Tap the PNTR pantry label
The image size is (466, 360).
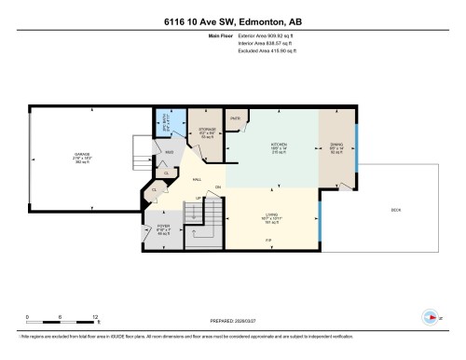pos(236,119)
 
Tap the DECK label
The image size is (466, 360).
pos(395,211)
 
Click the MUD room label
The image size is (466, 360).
pos(170,152)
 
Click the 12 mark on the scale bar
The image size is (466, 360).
pos(96,318)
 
